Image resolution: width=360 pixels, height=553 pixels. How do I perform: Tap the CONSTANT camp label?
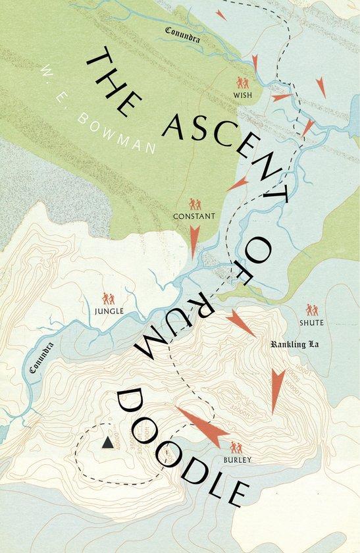[x=193, y=216]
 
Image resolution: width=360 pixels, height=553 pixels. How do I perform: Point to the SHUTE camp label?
[x=312, y=322]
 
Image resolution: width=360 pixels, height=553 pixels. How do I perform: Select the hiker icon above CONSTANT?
[x=193, y=203]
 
